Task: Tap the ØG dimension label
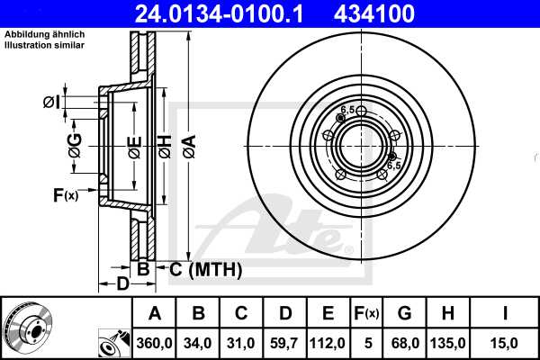click(x=75, y=143)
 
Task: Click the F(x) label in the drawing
click(x=65, y=195)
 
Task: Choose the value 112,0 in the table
click(x=328, y=341)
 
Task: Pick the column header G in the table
click(x=404, y=313)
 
